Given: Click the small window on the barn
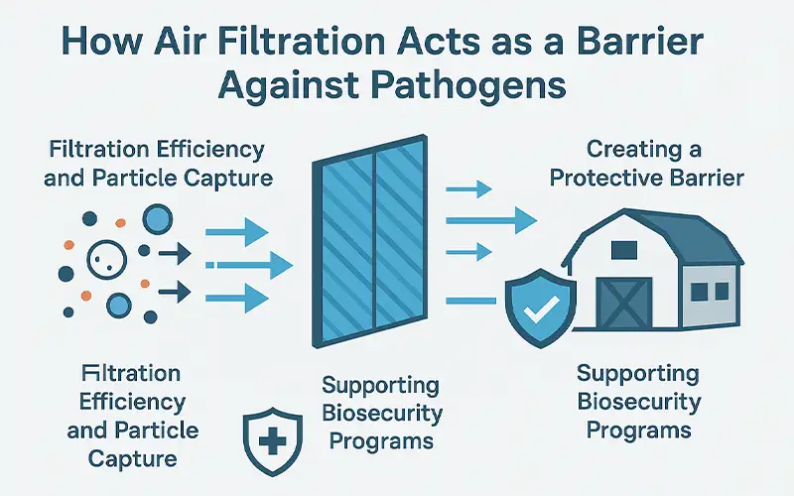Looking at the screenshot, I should [x=703, y=290].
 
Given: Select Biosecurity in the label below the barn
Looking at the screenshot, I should [x=638, y=404].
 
